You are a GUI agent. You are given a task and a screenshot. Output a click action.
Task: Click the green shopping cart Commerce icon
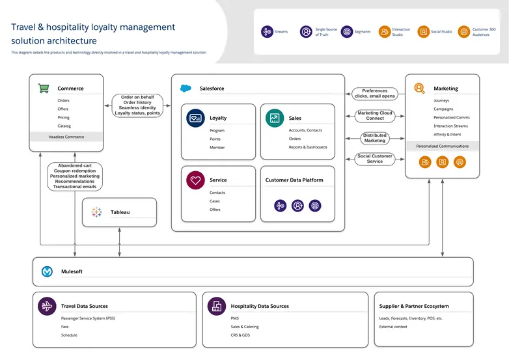point(44,88)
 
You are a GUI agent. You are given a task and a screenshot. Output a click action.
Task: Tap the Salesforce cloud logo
point(186,88)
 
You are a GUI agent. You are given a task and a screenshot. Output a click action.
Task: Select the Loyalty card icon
point(195,118)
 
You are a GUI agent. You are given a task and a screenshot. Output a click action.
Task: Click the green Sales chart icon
point(275,118)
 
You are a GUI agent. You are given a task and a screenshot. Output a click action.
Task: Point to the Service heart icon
point(195,180)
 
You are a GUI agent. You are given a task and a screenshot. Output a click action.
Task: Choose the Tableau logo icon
point(96,212)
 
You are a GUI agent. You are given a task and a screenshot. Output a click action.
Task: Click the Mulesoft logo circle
point(48,271)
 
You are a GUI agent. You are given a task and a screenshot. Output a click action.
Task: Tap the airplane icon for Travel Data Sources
point(47,306)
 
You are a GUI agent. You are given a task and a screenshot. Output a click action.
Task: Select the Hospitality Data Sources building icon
point(216,306)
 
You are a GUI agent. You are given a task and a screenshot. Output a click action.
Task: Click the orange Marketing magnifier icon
point(420,88)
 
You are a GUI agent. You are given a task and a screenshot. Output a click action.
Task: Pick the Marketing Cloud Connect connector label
point(375,116)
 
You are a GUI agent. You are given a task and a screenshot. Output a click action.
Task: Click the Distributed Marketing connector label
point(375,138)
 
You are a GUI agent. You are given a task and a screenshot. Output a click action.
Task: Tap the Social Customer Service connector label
point(375,159)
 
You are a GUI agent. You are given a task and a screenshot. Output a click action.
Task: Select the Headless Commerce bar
point(66,137)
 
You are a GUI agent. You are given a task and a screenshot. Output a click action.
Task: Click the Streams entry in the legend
point(274,32)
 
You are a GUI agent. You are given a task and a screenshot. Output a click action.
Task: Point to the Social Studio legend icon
point(423,32)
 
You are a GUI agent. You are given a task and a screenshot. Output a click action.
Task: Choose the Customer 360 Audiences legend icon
point(463,32)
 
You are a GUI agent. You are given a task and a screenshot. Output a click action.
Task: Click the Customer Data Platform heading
point(294,180)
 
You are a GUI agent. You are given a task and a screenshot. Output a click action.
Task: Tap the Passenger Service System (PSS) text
point(87,318)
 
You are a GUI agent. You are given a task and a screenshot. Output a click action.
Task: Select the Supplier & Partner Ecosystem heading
point(414,306)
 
